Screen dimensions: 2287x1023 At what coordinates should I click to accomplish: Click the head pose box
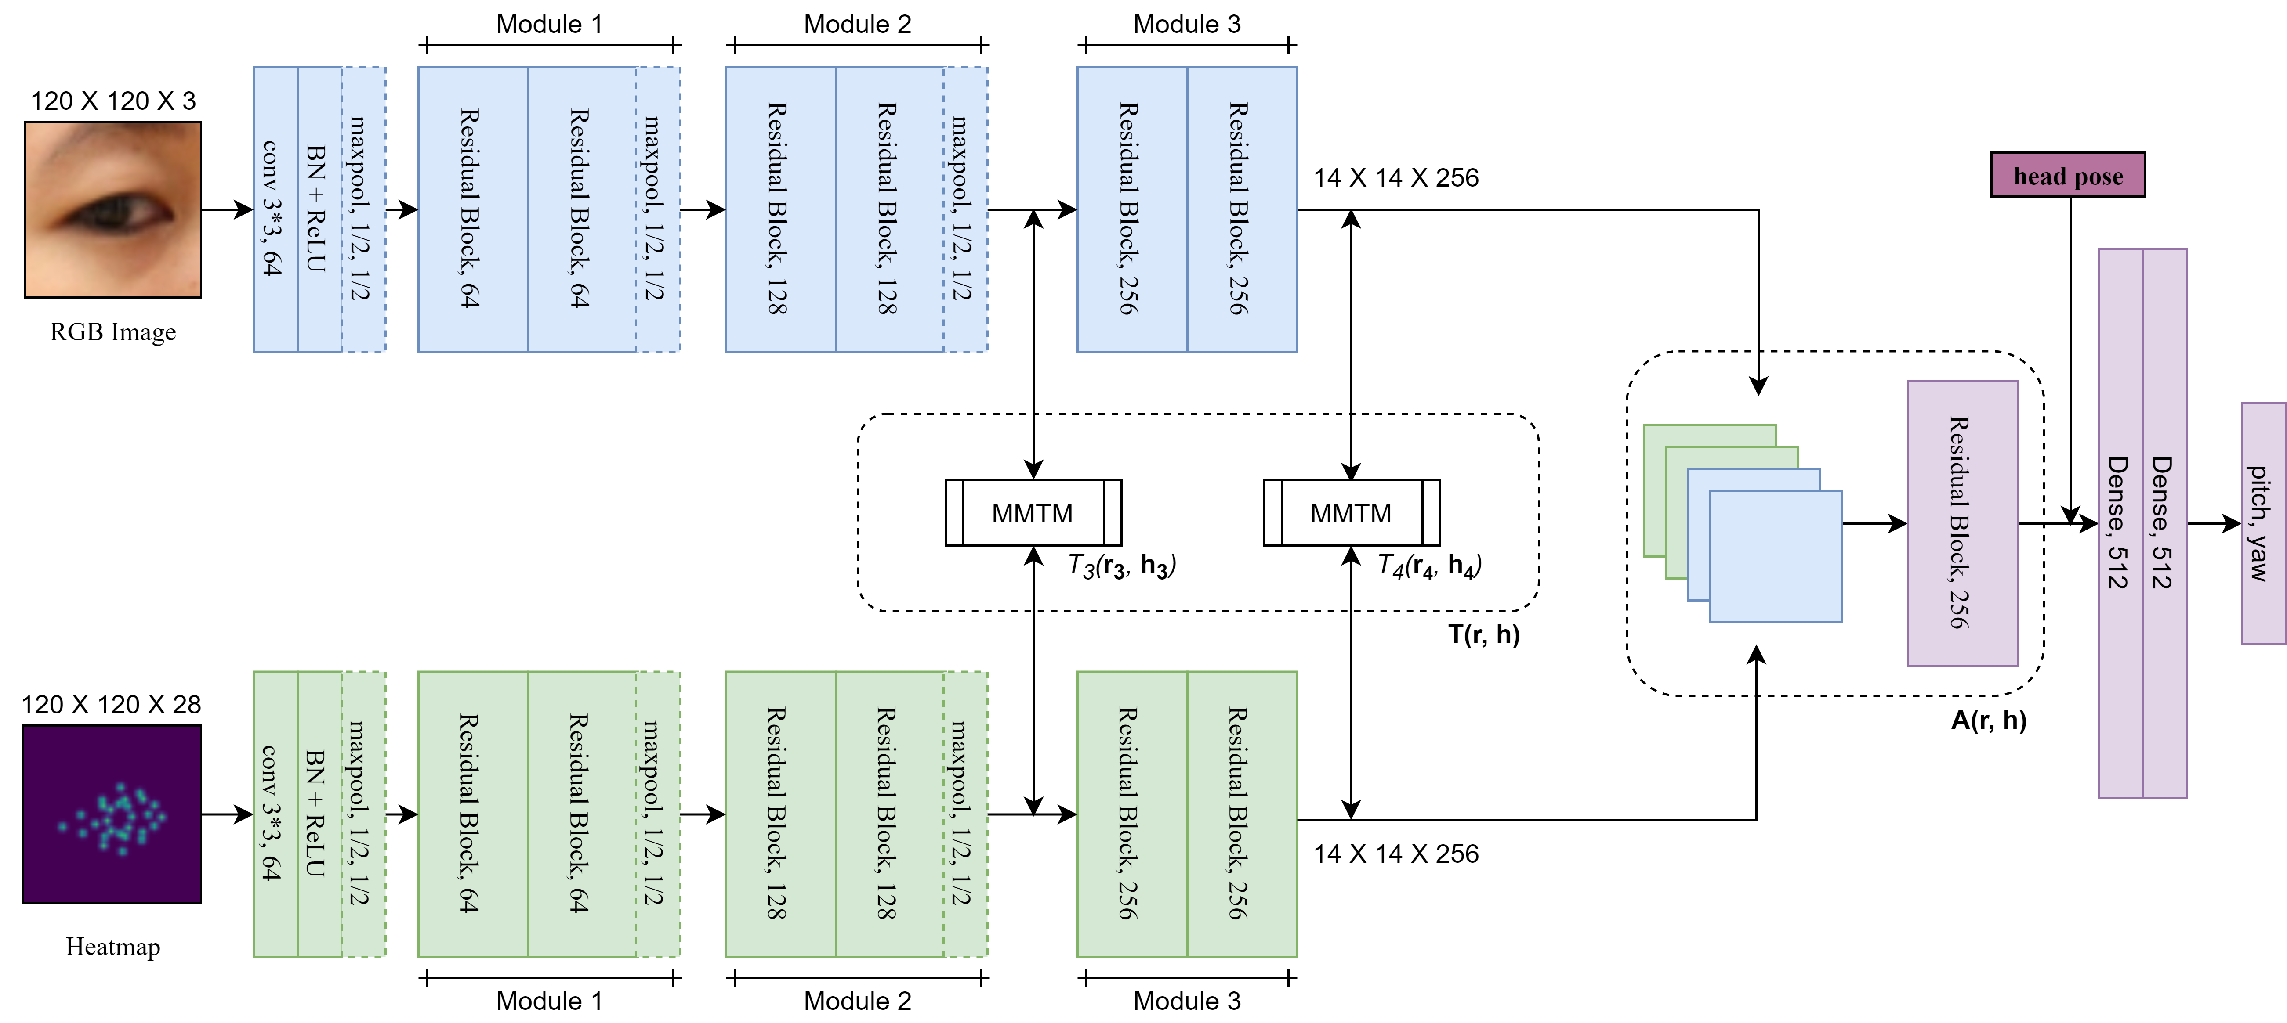[2068, 175]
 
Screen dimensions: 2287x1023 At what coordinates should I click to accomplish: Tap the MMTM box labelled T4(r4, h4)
[1351, 513]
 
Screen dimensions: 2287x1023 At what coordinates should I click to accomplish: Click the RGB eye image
[113, 209]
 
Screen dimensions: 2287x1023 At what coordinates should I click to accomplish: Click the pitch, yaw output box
[2263, 523]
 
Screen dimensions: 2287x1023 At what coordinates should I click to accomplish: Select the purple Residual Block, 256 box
[1962, 523]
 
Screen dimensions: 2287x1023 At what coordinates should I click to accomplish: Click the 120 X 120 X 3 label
[113, 100]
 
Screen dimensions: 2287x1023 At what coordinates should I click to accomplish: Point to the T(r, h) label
[1483, 634]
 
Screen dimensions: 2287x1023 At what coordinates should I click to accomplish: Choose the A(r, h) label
[1989, 720]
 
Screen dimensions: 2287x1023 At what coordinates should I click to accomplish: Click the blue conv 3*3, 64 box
[275, 209]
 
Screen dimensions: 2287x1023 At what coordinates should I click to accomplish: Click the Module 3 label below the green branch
[1187, 1001]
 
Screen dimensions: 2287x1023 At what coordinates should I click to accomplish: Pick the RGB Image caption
[113, 332]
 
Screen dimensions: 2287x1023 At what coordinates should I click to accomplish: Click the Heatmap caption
[113, 947]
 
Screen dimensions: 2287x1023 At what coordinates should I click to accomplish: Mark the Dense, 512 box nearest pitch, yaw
[2164, 523]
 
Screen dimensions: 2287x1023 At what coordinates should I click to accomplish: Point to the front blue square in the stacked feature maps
[1776, 556]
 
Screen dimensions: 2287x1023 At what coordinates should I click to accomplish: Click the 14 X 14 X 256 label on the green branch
[1395, 854]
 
